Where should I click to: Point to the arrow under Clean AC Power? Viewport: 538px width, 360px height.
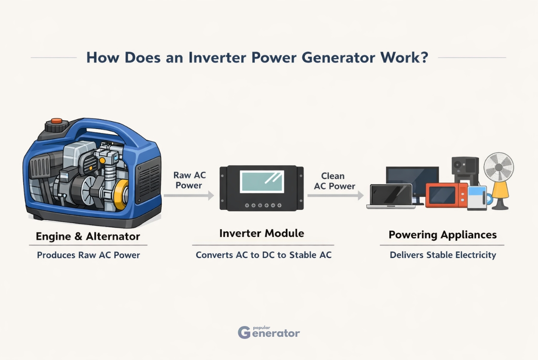click(x=335, y=196)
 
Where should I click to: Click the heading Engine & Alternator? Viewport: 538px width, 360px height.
click(x=88, y=236)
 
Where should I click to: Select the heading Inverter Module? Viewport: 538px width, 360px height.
click(x=261, y=234)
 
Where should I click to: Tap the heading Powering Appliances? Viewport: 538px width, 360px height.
click(x=443, y=235)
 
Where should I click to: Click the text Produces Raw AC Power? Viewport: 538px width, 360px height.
click(x=88, y=255)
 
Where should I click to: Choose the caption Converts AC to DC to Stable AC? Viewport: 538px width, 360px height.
click(x=264, y=255)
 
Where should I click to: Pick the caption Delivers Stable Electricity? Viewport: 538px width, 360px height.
click(x=443, y=255)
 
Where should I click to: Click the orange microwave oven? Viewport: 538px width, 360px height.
click(x=445, y=196)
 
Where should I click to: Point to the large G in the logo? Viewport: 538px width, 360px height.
click(x=244, y=332)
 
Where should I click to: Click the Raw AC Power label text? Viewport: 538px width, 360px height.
click(x=189, y=180)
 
